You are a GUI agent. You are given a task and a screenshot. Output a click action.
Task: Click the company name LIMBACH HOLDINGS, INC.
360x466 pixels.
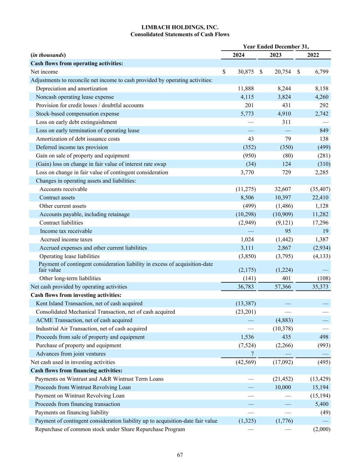point(180,27)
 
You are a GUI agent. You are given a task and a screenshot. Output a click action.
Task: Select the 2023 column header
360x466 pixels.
point(276,55)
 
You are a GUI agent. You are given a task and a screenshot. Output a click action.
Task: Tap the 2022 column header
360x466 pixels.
point(313,55)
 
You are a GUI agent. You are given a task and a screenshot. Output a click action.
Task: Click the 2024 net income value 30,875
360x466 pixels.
point(246,72)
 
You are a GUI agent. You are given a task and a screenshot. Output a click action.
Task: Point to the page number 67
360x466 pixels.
point(180,455)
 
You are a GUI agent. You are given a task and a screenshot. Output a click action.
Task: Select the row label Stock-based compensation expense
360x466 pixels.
point(77,114)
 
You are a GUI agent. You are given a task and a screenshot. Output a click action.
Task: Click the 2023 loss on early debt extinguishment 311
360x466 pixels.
point(286,122)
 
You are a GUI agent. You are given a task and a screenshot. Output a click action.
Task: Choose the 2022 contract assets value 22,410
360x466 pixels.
point(320,198)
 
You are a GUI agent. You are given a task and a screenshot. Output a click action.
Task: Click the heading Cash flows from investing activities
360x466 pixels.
point(76,295)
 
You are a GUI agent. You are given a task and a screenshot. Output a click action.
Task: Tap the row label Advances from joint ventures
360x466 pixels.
point(71,354)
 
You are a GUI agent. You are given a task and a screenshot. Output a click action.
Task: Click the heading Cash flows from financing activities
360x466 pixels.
point(76,370)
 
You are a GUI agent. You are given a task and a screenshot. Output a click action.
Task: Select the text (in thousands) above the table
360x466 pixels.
point(48,55)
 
